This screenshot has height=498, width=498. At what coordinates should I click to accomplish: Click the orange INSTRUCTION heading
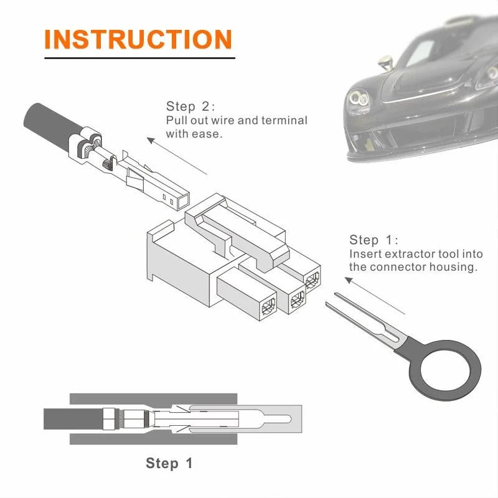point(138,39)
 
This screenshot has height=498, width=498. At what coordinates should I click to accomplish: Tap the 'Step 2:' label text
point(190,106)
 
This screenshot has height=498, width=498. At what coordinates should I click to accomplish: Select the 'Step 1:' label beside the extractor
point(374,240)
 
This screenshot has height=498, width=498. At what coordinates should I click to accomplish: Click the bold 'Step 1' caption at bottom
point(169,463)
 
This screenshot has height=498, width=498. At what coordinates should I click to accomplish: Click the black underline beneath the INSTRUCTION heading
point(139,58)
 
